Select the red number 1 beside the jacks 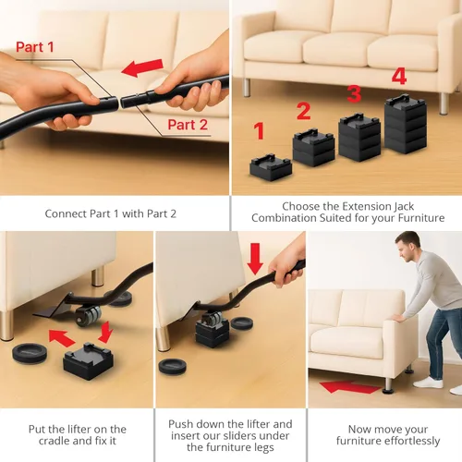tap(260, 131)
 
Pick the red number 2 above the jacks tap(303, 112)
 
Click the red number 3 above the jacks tap(353, 93)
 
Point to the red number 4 tap(399, 75)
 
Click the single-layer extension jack tap(273, 166)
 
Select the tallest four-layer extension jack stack tap(405, 124)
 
